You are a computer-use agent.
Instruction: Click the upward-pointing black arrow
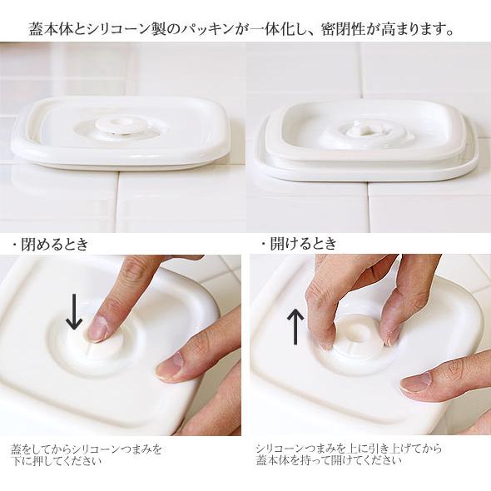[295, 326]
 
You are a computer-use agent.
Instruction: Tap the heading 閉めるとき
[55, 244]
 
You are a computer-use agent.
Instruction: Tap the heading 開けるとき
[303, 243]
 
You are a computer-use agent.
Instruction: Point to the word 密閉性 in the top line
[339, 30]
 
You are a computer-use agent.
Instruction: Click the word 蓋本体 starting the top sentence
[47, 30]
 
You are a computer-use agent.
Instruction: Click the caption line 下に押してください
[57, 461]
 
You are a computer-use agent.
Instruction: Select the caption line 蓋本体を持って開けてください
[329, 460]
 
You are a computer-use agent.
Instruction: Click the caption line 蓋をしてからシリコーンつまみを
[87, 449]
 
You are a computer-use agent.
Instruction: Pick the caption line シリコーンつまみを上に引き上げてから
[350, 449]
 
